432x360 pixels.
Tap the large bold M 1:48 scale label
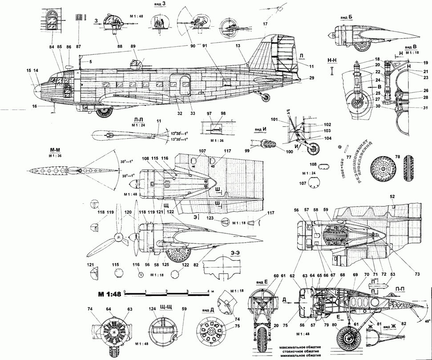click(109, 294)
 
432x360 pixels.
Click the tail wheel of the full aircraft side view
click(266, 98)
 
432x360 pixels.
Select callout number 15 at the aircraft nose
click(28, 71)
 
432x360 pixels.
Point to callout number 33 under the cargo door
click(192, 113)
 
